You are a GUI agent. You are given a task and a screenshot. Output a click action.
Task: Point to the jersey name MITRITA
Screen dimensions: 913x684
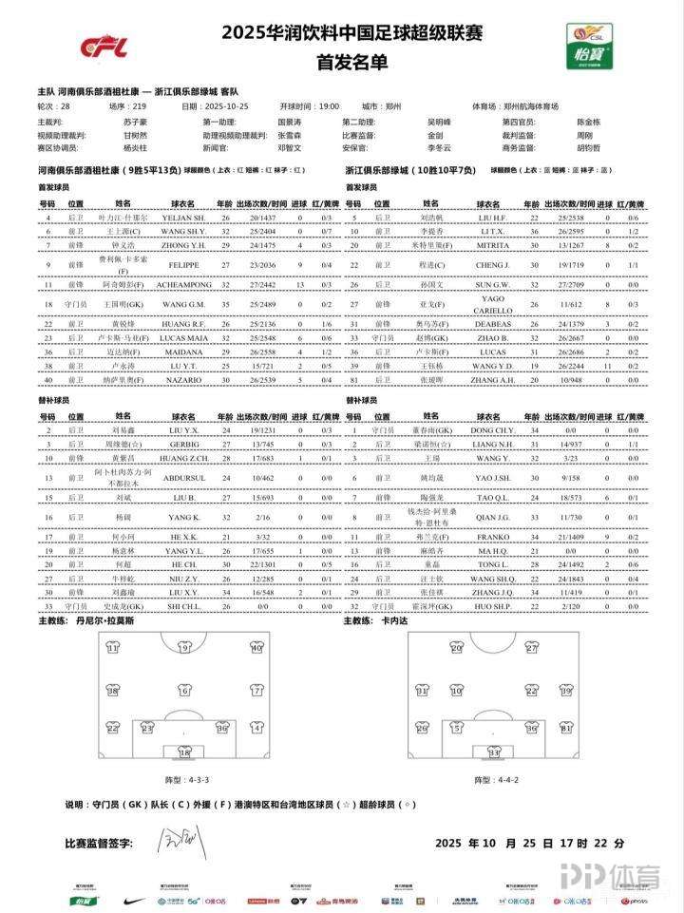point(491,242)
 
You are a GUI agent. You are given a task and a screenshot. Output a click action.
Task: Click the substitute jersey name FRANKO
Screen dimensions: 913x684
point(491,537)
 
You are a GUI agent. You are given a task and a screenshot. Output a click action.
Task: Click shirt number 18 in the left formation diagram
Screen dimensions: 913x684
point(185,753)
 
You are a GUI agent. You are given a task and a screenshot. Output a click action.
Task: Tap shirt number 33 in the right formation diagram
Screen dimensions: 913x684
point(495,753)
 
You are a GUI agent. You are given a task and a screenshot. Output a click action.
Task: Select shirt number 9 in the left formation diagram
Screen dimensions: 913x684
point(185,649)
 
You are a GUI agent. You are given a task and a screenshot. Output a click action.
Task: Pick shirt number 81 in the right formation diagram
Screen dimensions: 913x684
point(566,729)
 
